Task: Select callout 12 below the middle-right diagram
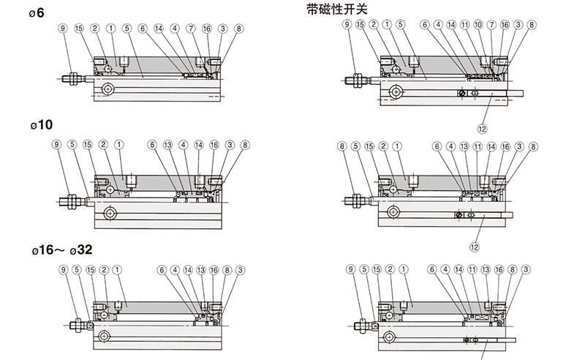click(474, 246)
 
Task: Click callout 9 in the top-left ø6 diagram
click(63, 29)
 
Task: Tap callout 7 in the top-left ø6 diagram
click(190, 29)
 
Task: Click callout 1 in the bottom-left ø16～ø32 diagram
click(118, 269)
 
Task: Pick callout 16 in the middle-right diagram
click(505, 146)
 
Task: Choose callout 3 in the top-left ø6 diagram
click(222, 29)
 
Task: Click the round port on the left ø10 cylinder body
click(110, 214)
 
